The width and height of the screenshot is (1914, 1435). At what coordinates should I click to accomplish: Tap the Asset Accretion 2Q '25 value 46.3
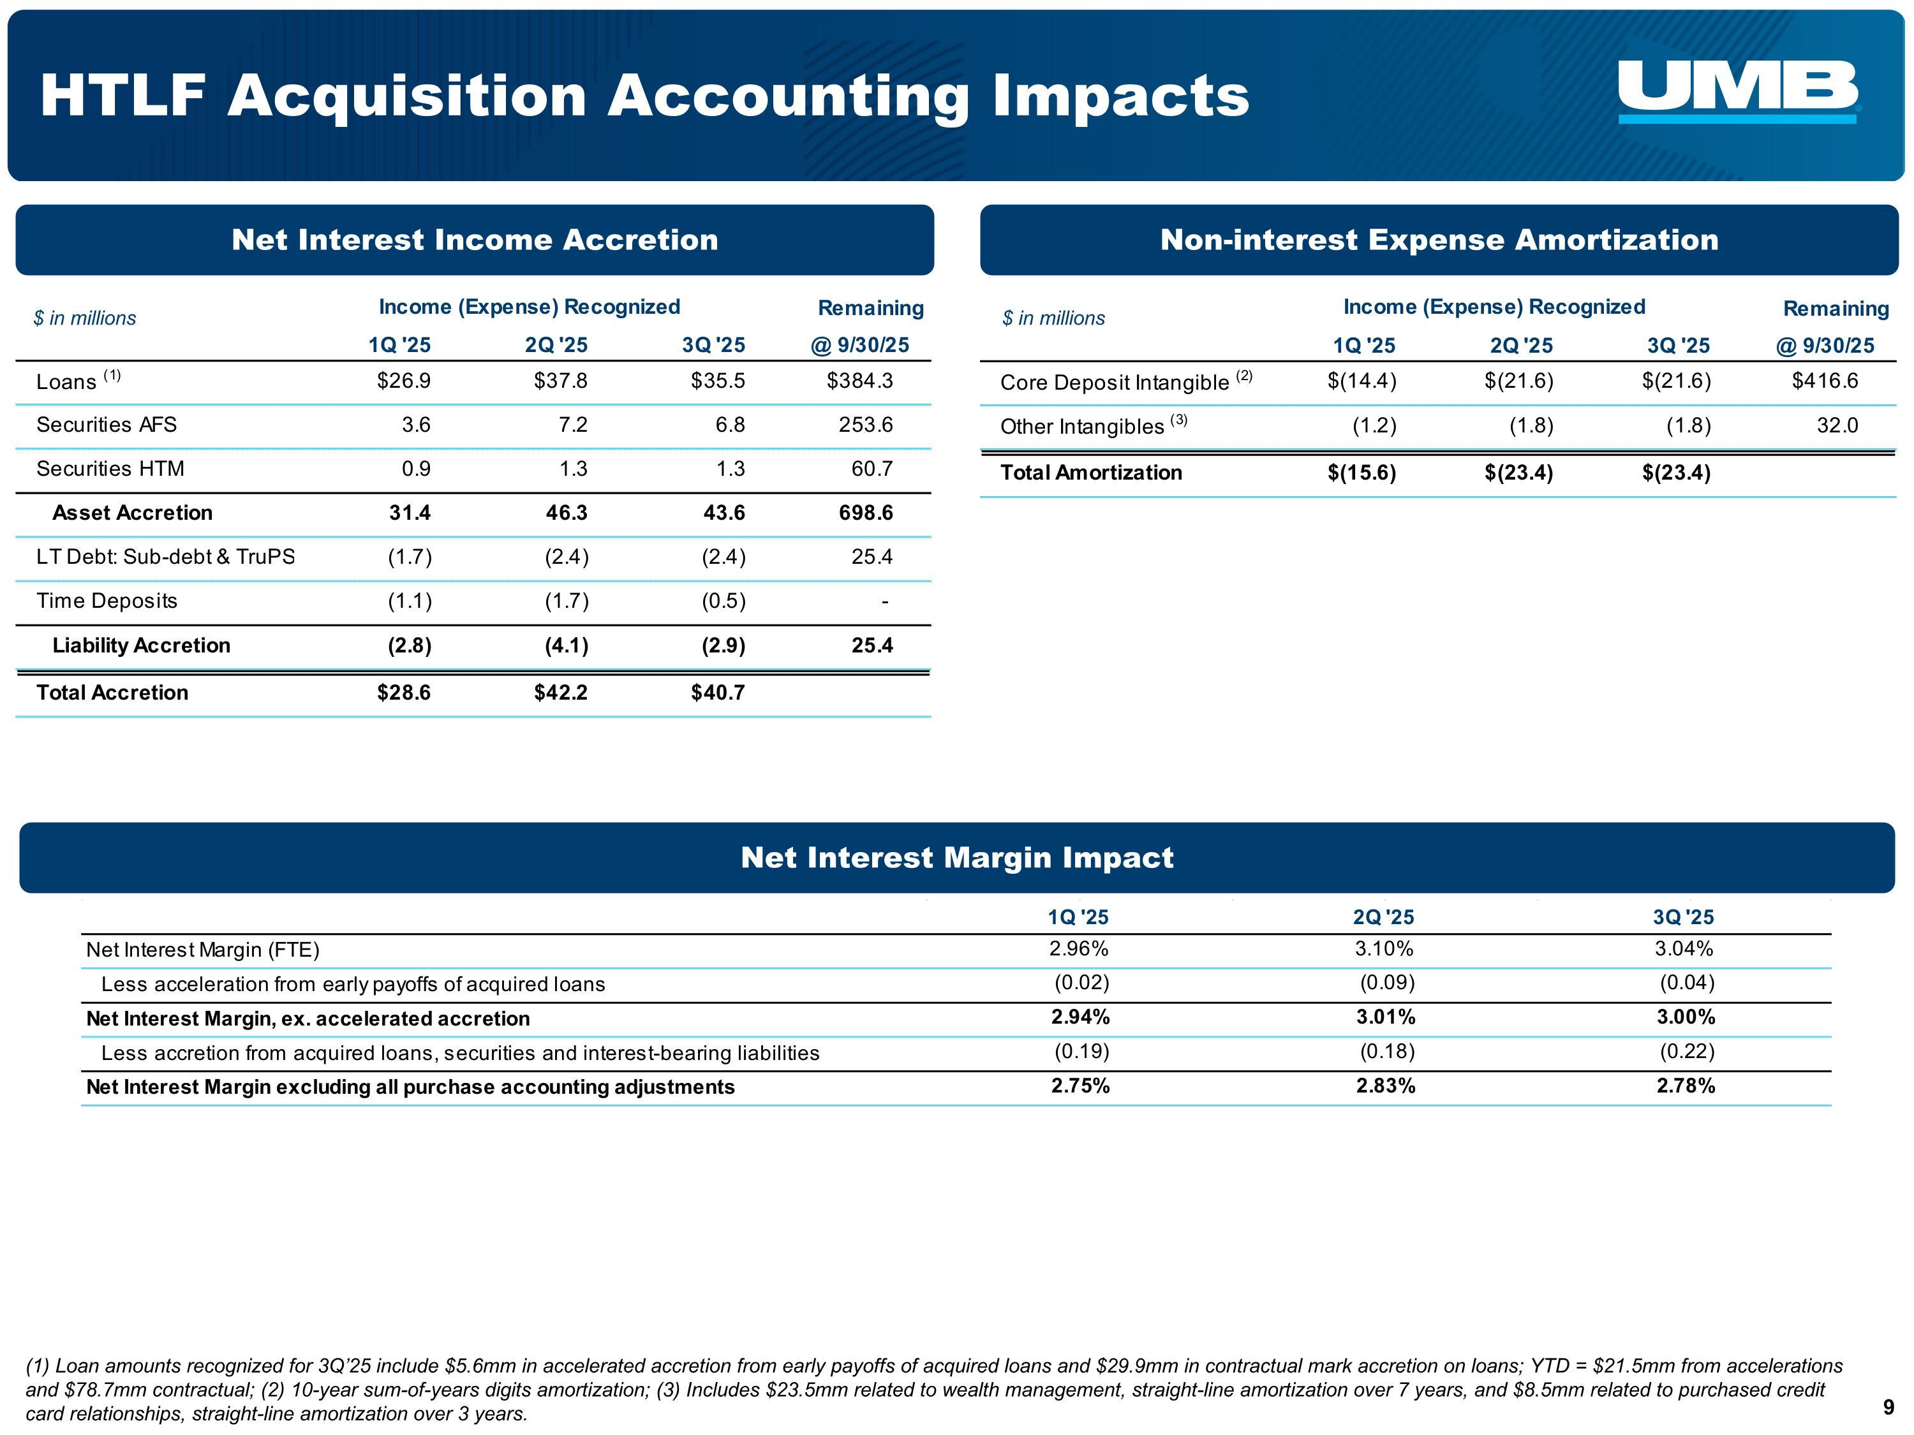click(566, 513)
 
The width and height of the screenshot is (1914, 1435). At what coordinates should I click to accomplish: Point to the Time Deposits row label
click(107, 601)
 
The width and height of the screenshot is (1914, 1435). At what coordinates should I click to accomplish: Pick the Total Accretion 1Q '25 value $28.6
click(403, 693)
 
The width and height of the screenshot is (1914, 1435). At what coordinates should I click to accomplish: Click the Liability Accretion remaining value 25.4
click(872, 645)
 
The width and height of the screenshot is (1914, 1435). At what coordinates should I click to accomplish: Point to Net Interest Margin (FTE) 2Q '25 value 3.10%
click(1384, 949)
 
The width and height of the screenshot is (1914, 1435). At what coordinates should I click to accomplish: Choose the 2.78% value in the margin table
click(1685, 1086)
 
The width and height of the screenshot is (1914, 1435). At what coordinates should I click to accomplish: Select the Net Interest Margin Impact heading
click(957, 857)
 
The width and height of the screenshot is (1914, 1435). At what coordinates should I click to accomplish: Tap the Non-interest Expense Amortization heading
click(1438, 240)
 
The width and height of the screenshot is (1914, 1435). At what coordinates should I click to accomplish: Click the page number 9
click(1888, 1408)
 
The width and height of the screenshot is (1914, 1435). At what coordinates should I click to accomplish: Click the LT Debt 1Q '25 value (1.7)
click(410, 557)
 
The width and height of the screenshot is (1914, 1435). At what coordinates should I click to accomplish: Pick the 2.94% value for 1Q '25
click(1080, 1017)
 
